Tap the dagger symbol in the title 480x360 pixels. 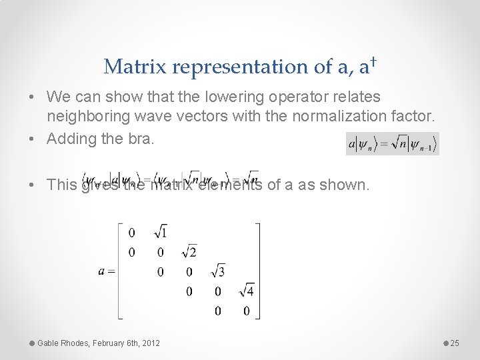click(375, 62)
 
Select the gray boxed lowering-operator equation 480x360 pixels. click(392, 143)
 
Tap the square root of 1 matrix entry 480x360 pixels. click(161, 233)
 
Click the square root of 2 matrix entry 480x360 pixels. click(189, 252)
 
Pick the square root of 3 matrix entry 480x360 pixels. click(217, 271)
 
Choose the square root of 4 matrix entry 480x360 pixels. click(246, 291)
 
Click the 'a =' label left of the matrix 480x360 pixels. click(106, 271)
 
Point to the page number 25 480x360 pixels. click(455, 343)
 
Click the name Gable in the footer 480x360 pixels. click(49, 343)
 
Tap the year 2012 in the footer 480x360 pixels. click(151, 343)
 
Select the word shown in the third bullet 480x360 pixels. click(344, 185)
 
